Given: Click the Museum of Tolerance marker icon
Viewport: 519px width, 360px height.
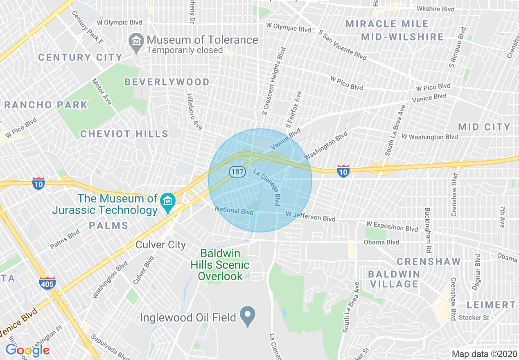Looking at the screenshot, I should click(x=135, y=41).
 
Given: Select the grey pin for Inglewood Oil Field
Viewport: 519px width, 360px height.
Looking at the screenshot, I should click(x=247, y=316).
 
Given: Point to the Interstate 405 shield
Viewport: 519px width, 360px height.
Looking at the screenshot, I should click(x=47, y=283).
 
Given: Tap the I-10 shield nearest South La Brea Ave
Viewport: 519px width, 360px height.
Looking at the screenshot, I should click(x=343, y=171).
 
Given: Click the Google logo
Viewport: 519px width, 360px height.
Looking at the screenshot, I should click(x=27, y=350).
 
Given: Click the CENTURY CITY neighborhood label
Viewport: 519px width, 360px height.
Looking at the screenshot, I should click(x=80, y=58).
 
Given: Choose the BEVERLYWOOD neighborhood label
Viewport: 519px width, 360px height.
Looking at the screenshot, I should click(x=167, y=82).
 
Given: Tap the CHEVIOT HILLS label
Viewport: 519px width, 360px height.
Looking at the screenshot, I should click(x=124, y=134).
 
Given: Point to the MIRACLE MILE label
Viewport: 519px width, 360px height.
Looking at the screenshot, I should click(x=387, y=24).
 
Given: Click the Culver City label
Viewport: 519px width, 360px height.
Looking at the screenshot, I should click(x=161, y=245).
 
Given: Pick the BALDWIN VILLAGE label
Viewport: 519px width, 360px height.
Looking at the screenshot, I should click(x=394, y=279).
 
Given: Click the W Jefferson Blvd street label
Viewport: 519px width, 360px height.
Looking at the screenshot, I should click(x=310, y=216).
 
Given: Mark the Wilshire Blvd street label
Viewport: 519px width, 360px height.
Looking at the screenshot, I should click(x=436, y=9).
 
